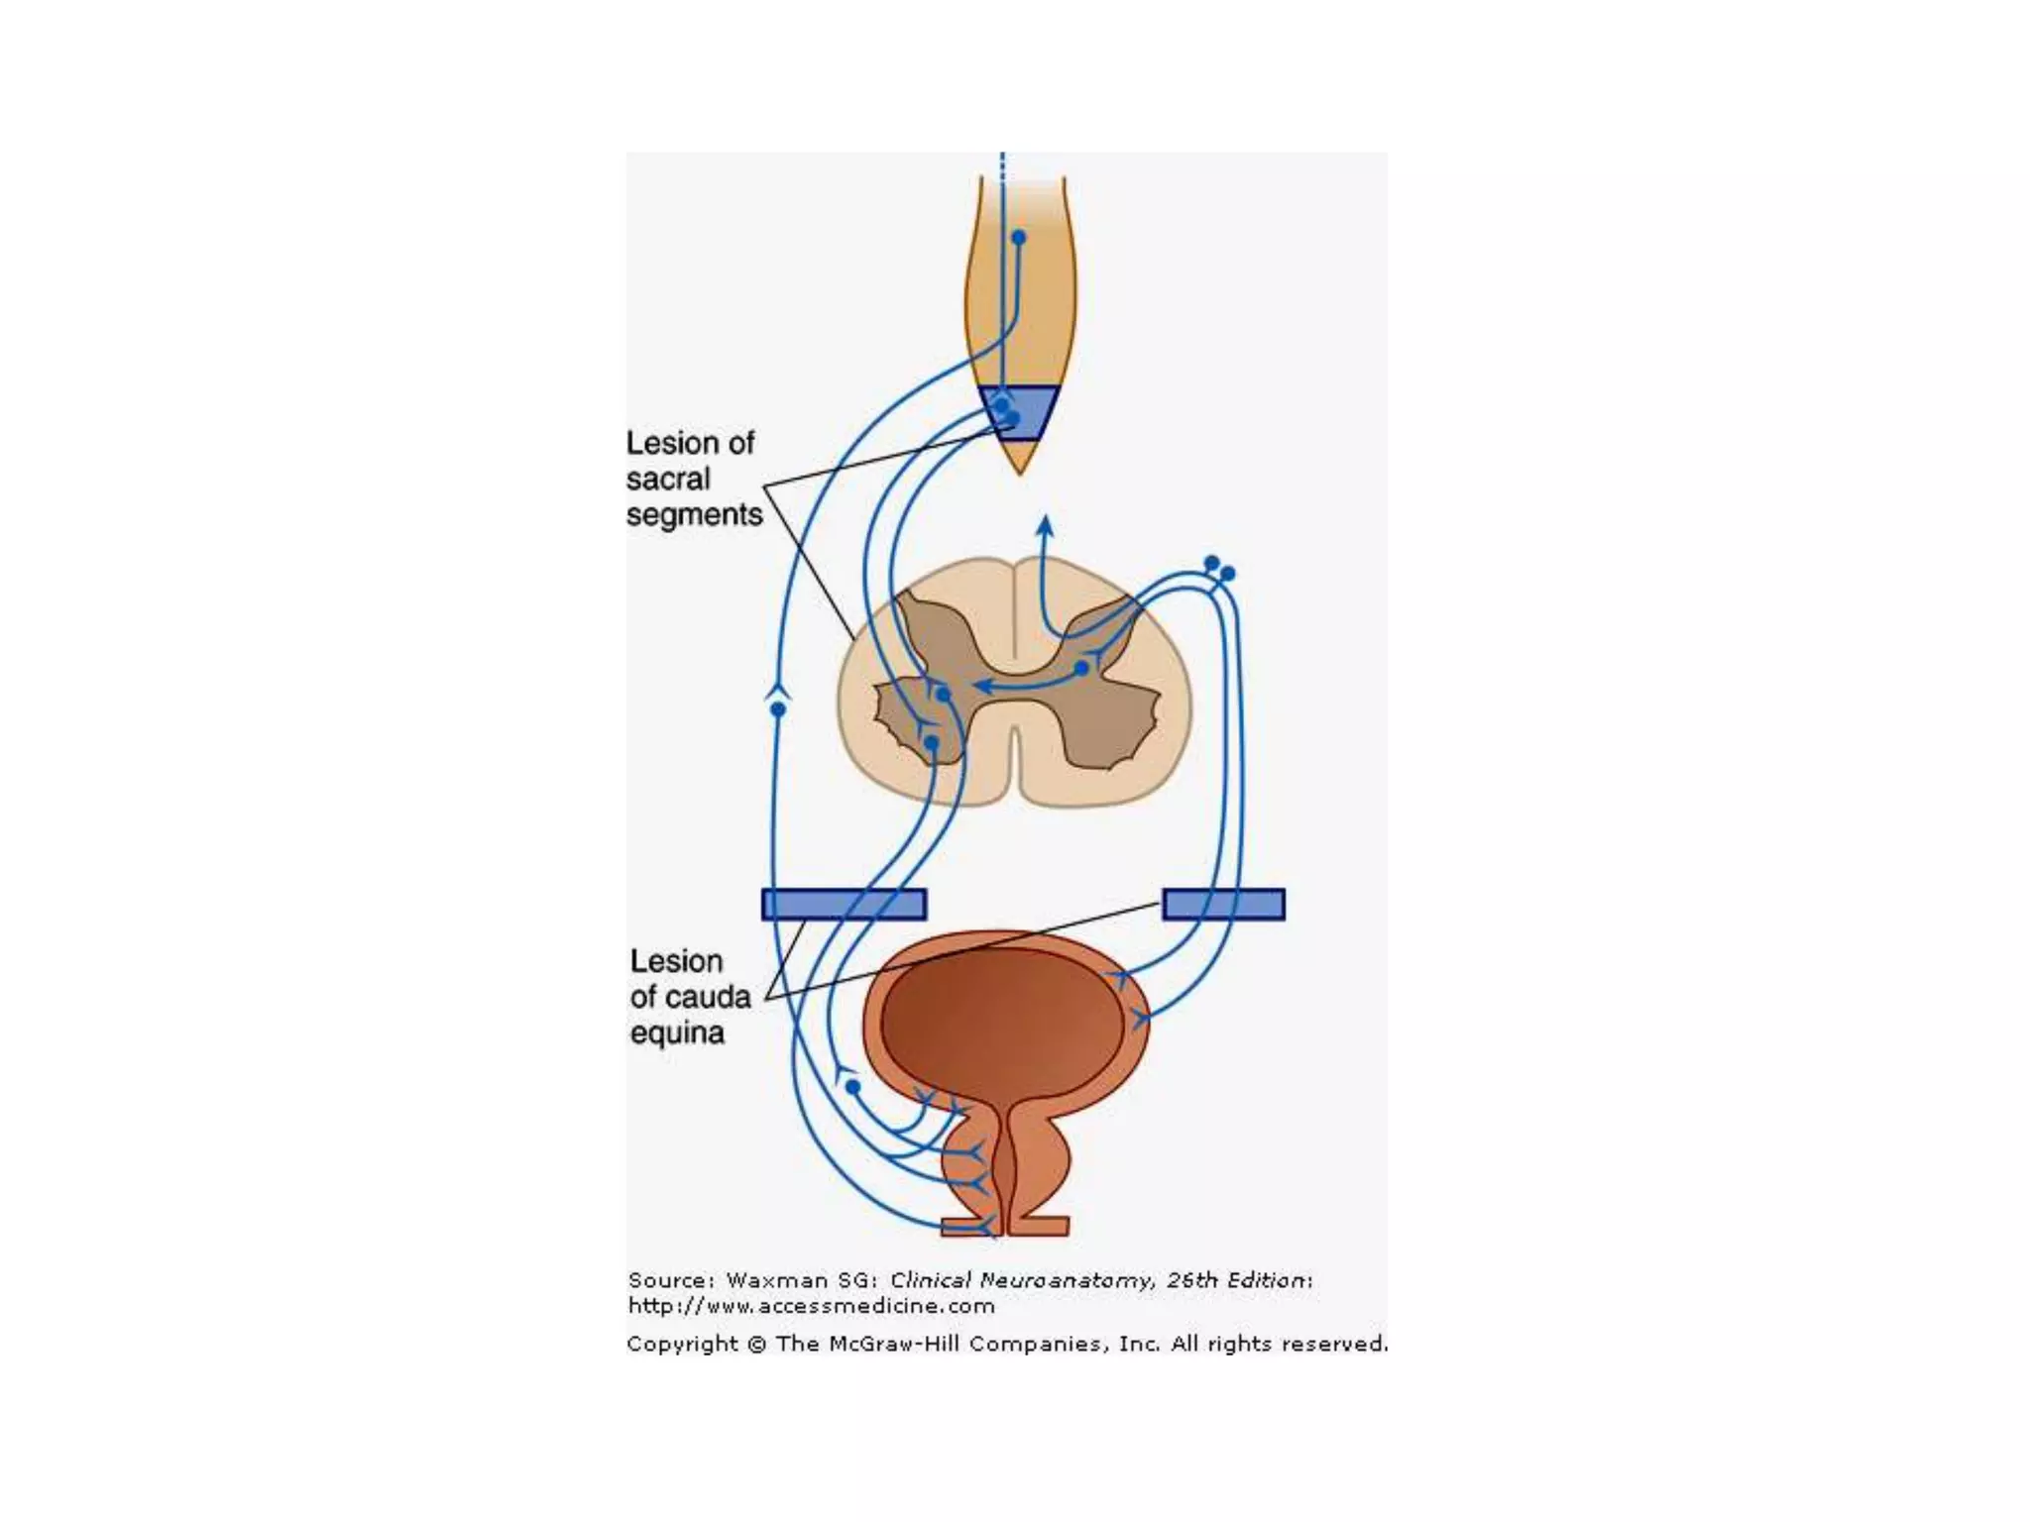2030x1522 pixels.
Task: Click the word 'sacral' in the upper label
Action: coord(668,479)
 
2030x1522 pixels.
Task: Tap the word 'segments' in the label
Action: coord(694,515)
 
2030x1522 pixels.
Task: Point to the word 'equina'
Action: coord(677,1033)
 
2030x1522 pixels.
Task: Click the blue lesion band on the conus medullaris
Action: coord(1019,412)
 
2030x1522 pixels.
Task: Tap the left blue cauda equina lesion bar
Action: coord(844,904)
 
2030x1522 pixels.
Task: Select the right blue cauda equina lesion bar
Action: coord(1223,904)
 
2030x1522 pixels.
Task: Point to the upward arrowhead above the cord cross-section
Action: coord(1045,524)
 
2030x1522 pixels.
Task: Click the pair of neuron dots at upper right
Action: coord(1219,568)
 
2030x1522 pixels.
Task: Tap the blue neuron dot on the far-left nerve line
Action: coord(778,709)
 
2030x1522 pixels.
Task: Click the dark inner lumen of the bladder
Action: coord(1001,1021)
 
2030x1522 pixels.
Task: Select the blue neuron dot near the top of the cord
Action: coord(1018,238)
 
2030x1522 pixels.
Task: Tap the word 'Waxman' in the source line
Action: coord(769,1280)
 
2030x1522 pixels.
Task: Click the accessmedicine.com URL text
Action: coord(811,1306)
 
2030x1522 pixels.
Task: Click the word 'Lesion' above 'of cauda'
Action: coord(676,961)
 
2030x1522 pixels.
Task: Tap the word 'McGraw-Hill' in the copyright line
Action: coord(895,1344)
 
